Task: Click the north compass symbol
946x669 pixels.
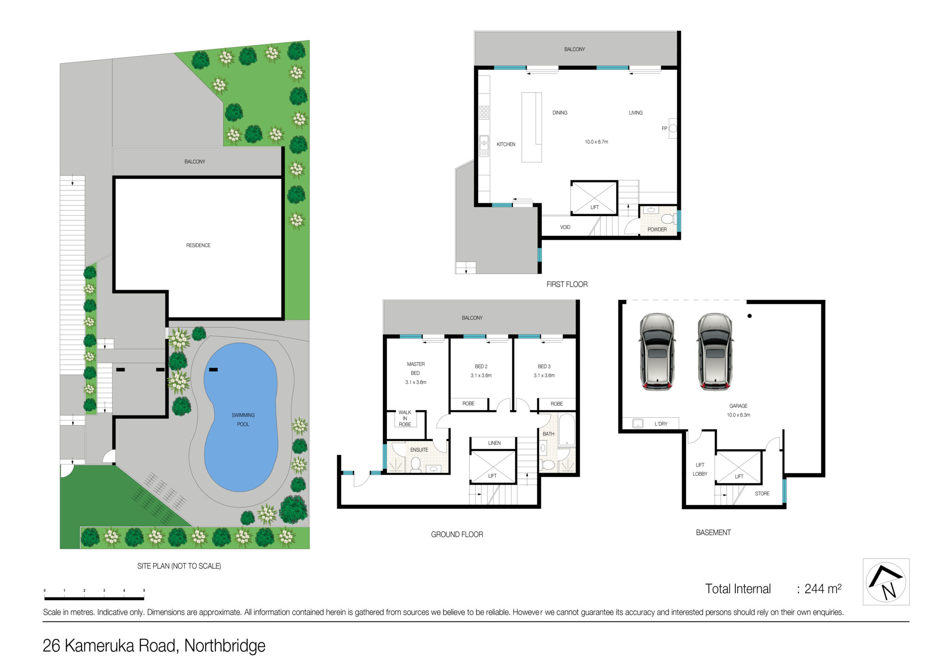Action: coord(886,582)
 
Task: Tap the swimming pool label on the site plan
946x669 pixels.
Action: coord(243,420)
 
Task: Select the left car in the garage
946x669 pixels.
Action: coord(657,352)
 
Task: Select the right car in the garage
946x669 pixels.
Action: coord(715,352)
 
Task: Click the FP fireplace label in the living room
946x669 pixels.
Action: coord(664,128)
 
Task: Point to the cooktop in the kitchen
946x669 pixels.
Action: coord(484,112)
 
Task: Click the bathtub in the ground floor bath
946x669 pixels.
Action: coord(566,430)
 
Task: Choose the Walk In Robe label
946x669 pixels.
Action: coord(405,418)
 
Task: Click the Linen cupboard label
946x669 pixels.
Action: coord(494,443)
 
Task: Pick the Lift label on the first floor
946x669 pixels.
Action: coord(594,207)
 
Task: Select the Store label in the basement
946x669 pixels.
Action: coord(762,493)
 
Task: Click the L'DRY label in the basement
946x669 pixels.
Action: coord(661,424)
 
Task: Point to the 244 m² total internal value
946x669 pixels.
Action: coord(823,589)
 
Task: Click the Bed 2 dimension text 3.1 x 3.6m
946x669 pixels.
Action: coord(481,376)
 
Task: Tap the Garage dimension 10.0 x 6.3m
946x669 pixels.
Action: coord(738,415)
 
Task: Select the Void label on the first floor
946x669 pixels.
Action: coord(565,227)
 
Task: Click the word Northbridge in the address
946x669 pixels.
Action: coord(225,645)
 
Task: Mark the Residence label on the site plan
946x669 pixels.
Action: coord(198,245)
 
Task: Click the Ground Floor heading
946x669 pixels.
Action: coord(457,535)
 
